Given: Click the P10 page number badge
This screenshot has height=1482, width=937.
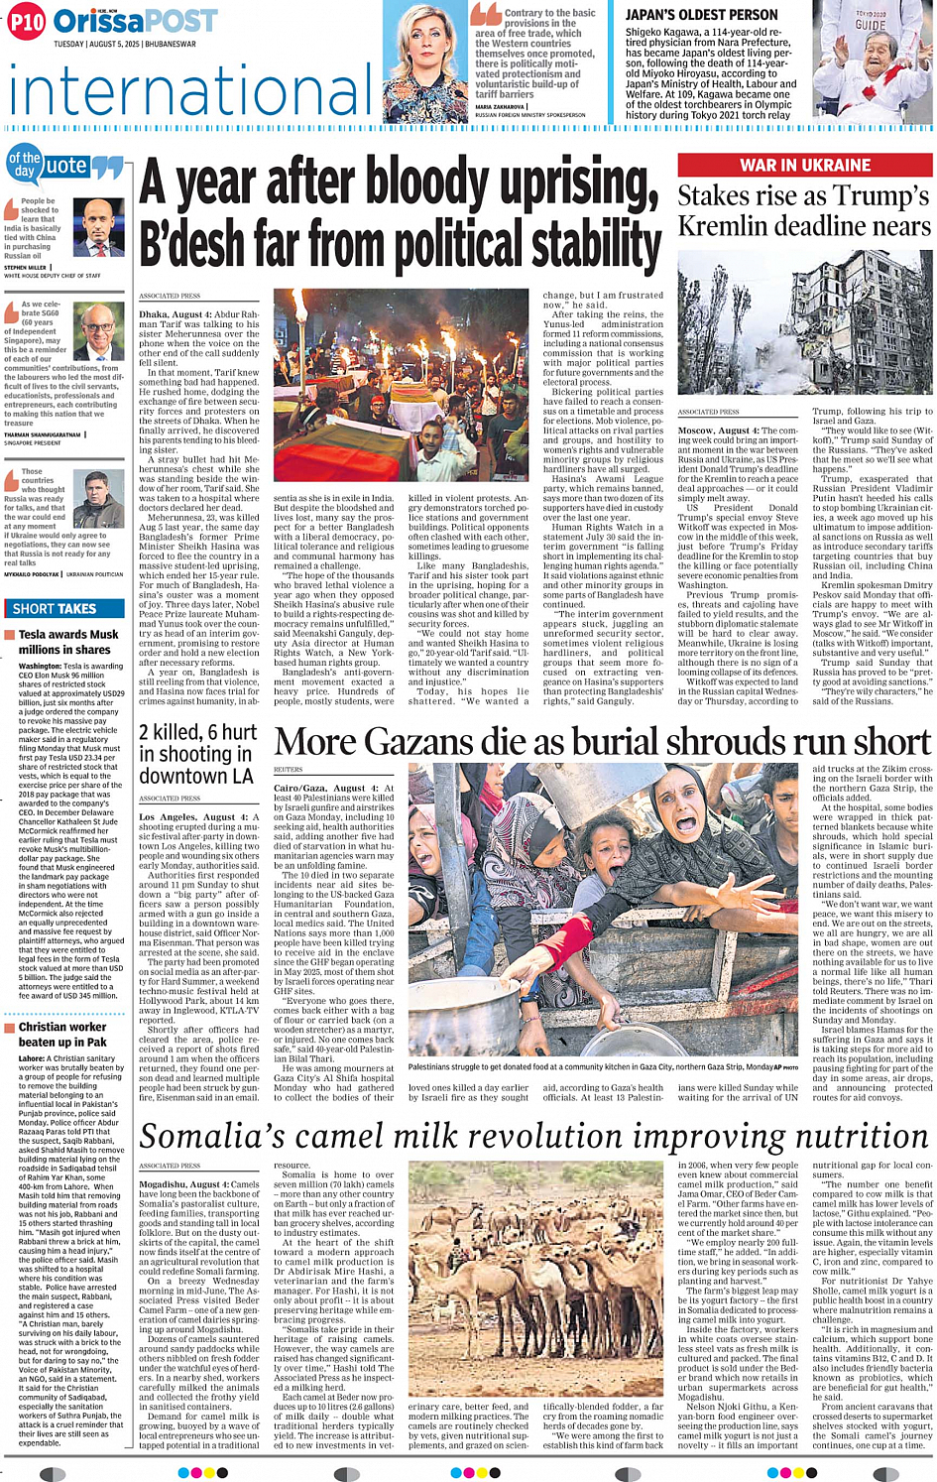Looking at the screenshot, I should (x=26, y=21).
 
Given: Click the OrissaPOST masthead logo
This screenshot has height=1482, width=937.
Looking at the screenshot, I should (x=135, y=21).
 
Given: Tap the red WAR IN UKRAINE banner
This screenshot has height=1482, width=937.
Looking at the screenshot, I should (x=804, y=165).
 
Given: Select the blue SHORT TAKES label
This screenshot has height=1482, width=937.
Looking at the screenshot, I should (x=55, y=608).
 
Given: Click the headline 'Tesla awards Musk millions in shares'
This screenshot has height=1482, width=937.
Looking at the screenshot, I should (x=67, y=641).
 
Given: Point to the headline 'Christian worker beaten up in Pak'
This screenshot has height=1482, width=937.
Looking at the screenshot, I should (x=62, y=1034).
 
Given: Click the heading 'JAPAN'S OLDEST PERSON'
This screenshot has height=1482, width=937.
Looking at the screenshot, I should (x=701, y=15).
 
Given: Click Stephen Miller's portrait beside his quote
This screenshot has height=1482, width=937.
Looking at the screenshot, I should (x=99, y=228).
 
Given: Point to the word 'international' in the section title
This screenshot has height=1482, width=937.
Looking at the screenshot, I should (x=188, y=91).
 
